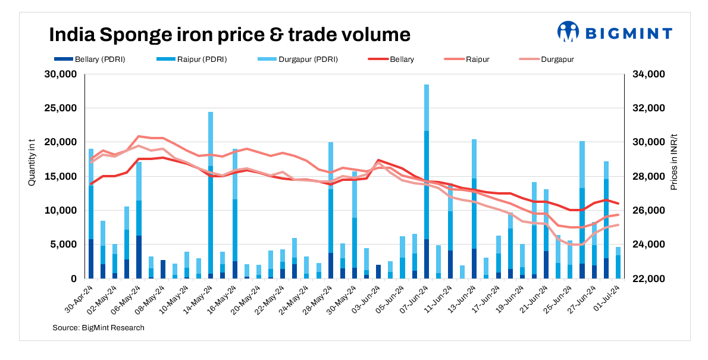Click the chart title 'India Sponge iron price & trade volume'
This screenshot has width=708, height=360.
coord(229,35)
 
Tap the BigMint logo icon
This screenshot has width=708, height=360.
coord(568,32)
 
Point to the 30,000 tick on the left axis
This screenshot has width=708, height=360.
coord(61,74)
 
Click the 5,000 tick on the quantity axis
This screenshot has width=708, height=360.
coord(64,245)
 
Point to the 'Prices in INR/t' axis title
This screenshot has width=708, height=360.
coord(674,162)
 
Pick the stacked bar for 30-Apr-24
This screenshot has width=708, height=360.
coord(91,214)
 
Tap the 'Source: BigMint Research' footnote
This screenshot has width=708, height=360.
coord(98,327)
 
